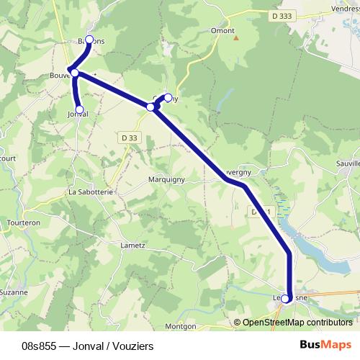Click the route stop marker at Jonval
(80, 110)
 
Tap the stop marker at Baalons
(89, 40)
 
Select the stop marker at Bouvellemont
(75, 73)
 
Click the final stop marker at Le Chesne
(287, 299)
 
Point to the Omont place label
(222, 30)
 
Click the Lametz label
(132, 246)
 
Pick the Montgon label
(180, 326)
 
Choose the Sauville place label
(346, 164)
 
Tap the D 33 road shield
(129, 138)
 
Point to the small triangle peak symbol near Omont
(235, 37)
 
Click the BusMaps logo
(326, 346)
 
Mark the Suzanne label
(14, 292)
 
